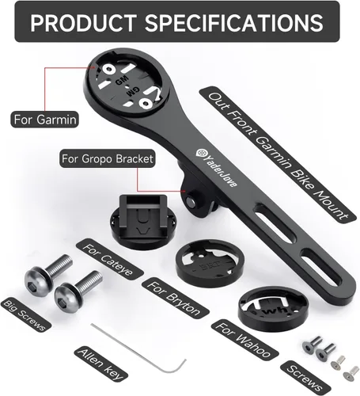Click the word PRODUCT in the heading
[x=83, y=22]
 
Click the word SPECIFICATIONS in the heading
[x=234, y=22]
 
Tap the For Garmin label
[x=44, y=120]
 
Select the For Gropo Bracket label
[x=108, y=158]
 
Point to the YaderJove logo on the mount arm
[x=216, y=168]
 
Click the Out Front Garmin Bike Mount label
[x=278, y=155]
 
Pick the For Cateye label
[x=109, y=260]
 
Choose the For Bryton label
[x=175, y=299]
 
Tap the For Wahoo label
[x=244, y=340]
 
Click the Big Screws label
[x=26, y=314]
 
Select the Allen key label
[x=100, y=365]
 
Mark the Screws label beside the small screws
[x=305, y=378]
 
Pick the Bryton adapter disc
[x=210, y=264]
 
